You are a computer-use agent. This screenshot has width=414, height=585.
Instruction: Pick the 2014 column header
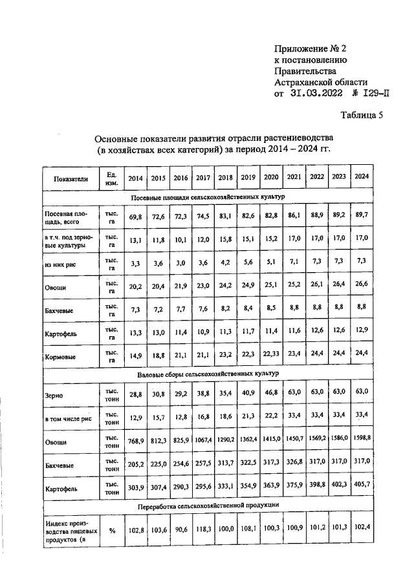coord(135,178)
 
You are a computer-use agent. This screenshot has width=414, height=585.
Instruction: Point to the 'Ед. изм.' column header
coord(111,178)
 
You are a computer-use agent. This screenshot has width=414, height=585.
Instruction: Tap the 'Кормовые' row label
coord(60,357)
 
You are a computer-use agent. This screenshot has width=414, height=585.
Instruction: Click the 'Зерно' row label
coord(54,394)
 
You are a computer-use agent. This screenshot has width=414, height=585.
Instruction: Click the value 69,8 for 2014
coord(135,217)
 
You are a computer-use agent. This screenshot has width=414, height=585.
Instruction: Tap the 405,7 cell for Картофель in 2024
coord(362,484)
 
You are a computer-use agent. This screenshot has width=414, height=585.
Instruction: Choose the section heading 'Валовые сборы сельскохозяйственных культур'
coord(208,374)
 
